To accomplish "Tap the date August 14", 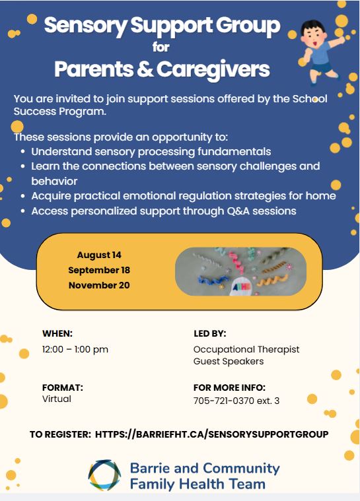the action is [x=99, y=255].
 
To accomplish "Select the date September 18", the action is [x=99, y=270].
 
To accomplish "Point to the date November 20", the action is [x=99, y=285].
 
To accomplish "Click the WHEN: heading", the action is [x=57, y=333].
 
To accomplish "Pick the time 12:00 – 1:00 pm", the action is [x=75, y=349].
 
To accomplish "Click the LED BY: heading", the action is [x=210, y=333].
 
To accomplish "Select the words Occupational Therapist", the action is [x=246, y=349].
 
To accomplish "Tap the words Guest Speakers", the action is [x=229, y=361].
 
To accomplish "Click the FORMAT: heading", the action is [x=63, y=387].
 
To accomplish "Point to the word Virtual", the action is [x=57, y=399].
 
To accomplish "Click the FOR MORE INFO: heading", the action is [x=230, y=387].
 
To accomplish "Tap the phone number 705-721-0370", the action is [x=224, y=401].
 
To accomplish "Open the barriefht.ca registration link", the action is [x=211, y=434].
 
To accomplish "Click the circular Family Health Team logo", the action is [x=104, y=475].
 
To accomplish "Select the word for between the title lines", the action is [x=161, y=47].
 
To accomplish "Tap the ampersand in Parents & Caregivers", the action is [x=145, y=69].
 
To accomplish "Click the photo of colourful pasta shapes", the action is [x=240, y=271].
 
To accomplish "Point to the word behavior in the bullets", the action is [x=54, y=181].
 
